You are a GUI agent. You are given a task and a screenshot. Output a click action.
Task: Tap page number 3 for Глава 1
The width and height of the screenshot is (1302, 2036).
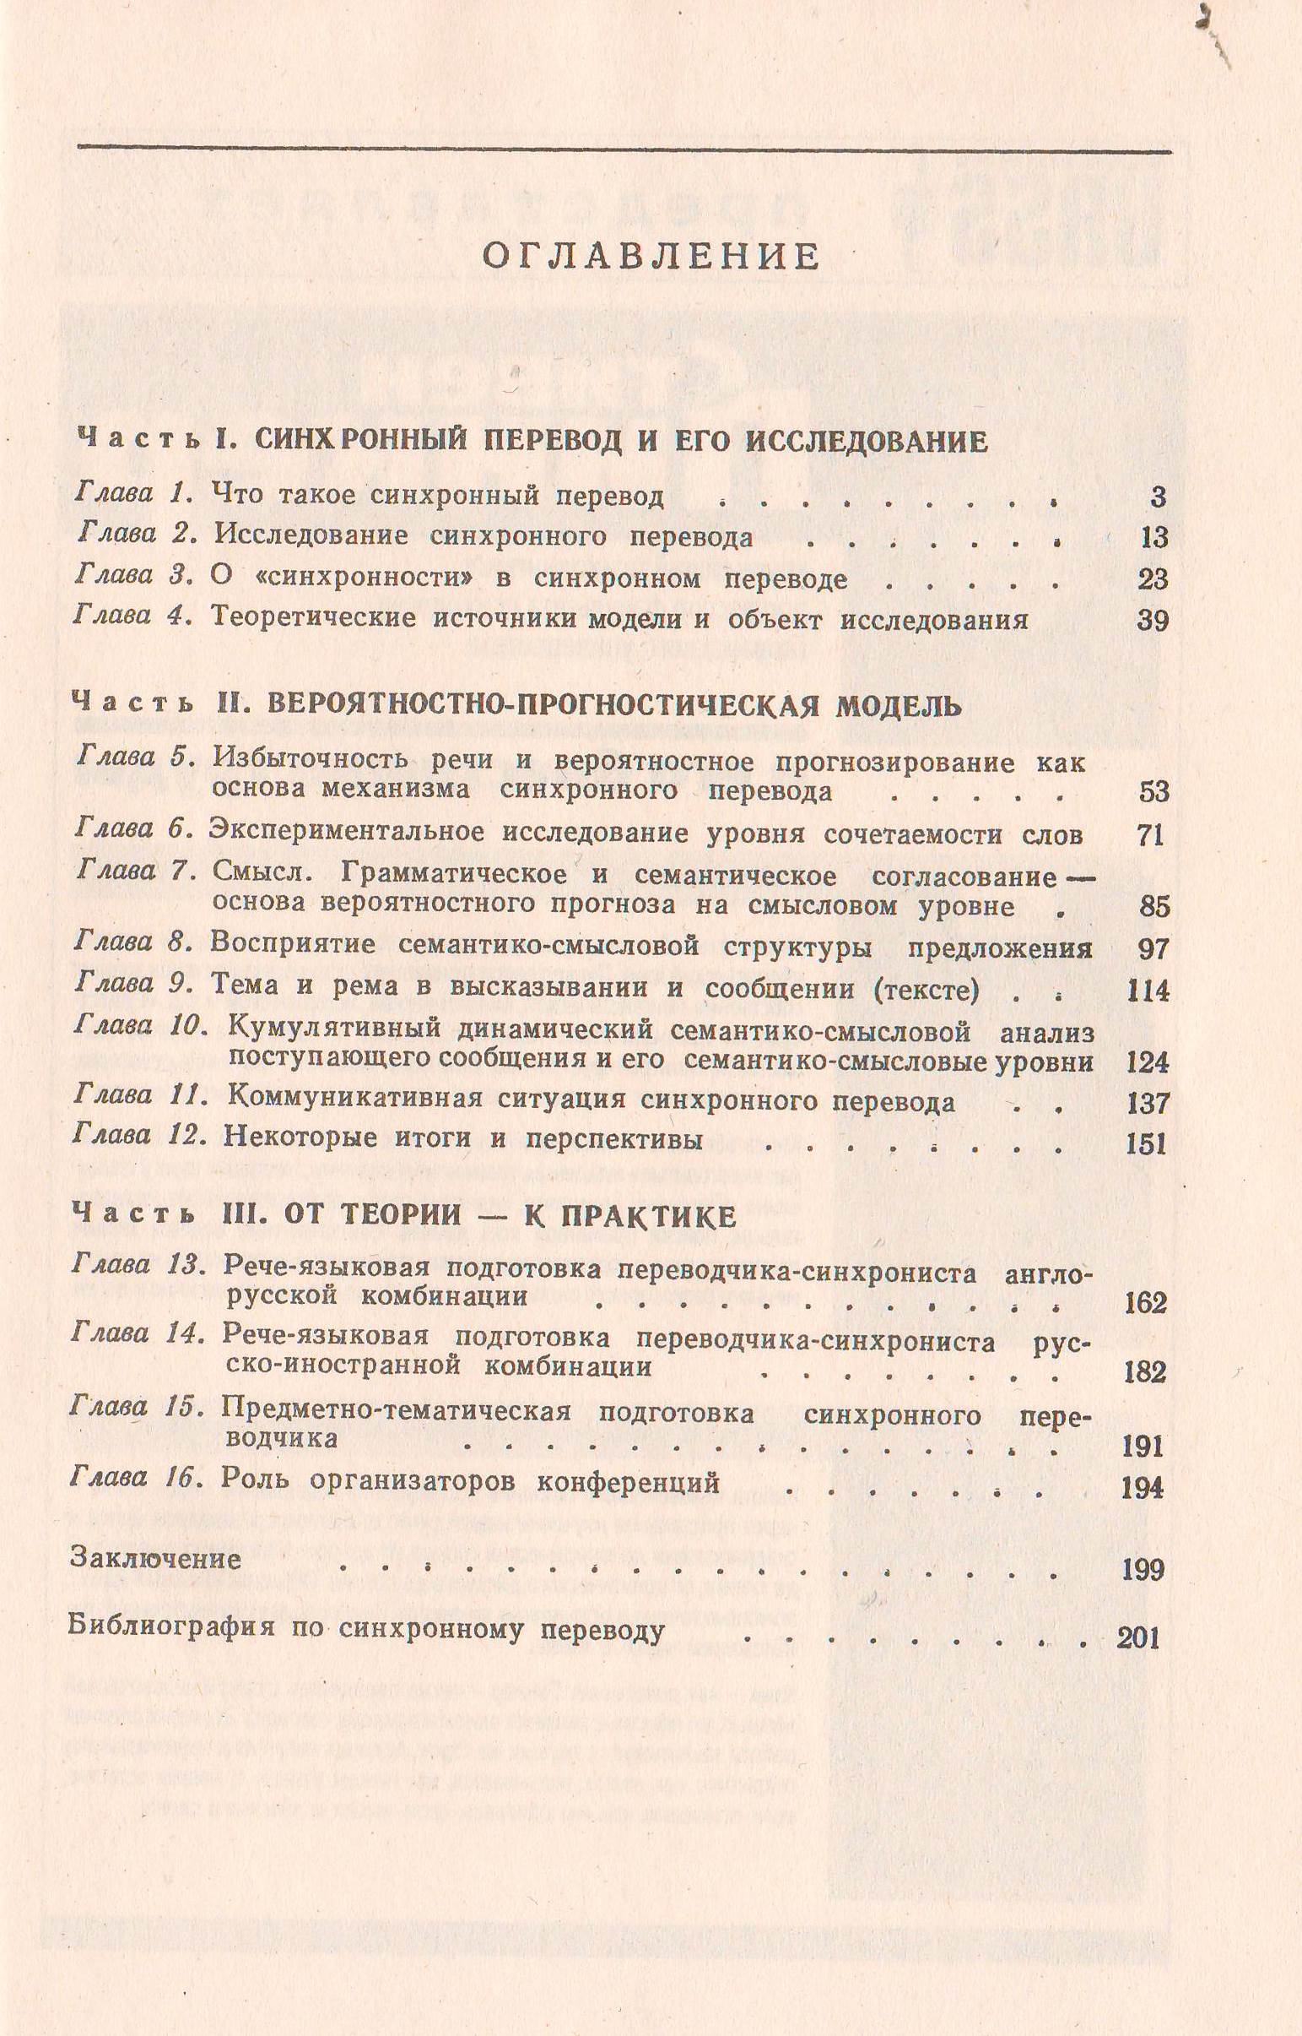point(1158,497)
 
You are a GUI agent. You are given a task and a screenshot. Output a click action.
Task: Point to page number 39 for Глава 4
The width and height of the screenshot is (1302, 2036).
point(1153,621)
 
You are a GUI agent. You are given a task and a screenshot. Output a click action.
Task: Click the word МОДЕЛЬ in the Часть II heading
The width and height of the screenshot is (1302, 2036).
point(899,706)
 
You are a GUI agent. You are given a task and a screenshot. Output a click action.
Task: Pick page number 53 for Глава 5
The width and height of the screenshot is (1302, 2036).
point(1153,792)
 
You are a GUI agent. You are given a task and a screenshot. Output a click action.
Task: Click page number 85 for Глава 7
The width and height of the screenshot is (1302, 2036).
point(1154,907)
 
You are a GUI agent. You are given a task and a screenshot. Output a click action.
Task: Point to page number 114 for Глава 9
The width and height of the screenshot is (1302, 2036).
point(1148,991)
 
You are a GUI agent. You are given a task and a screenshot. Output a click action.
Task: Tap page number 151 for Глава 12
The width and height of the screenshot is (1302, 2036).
point(1147,1144)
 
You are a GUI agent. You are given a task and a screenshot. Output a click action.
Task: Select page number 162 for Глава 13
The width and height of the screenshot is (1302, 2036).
point(1146,1303)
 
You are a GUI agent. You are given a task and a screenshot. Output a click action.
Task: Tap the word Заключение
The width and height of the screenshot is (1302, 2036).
point(155,1559)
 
